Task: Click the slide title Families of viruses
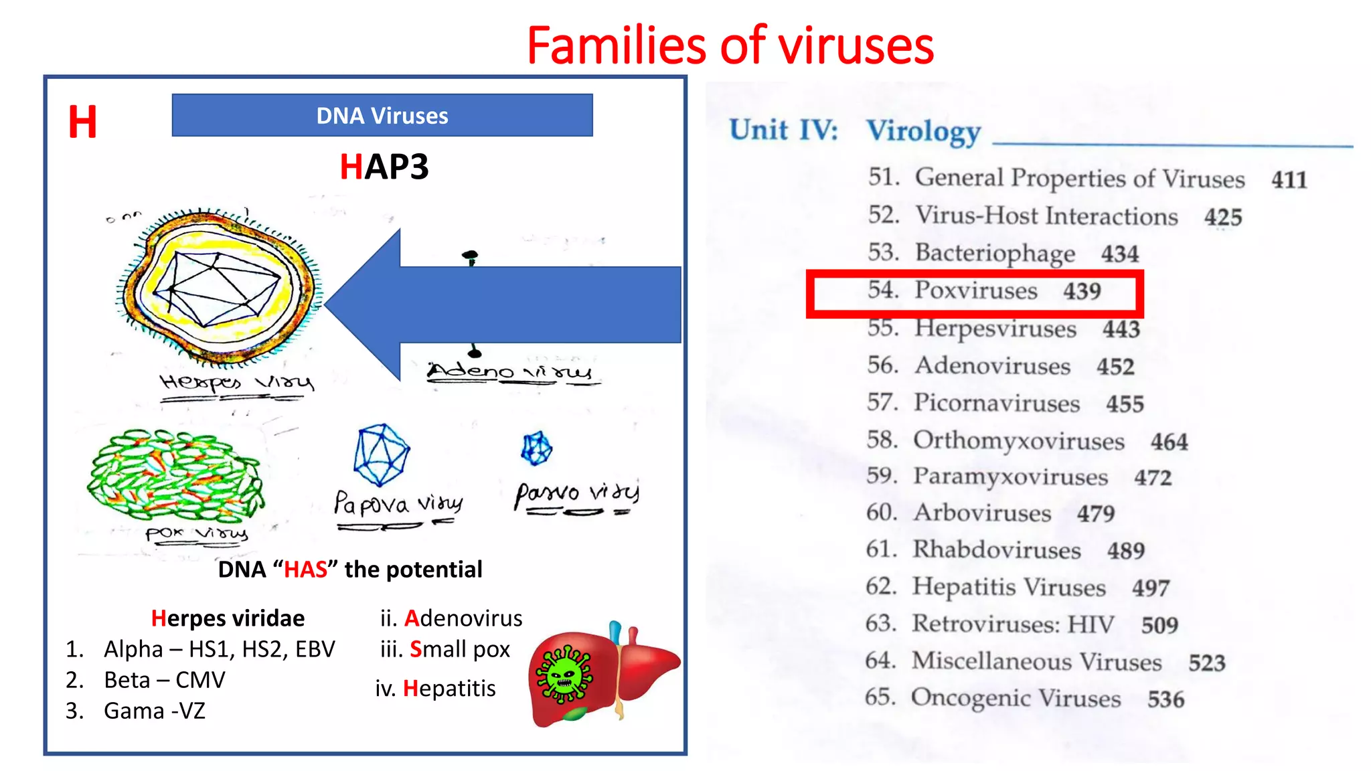click(x=730, y=46)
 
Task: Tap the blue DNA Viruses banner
click(x=382, y=116)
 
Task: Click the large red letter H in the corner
click(x=82, y=122)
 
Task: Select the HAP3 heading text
click(x=384, y=167)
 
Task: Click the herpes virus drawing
click(x=218, y=288)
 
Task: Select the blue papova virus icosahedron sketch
click(x=381, y=454)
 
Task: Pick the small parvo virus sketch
click(x=536, y=448)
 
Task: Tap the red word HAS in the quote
click(x=305, y=570)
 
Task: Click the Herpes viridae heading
click(x=228, y=618)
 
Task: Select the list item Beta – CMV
click(x=164, y=680)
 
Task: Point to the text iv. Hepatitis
click(x=435, y=689)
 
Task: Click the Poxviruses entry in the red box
click(x=975, y=291)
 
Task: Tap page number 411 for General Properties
click(x=1289, y=180)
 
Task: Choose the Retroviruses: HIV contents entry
click(x=1012, y=624)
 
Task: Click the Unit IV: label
click(x=783, y=130)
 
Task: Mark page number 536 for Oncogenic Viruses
click(x=1165, y=700)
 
